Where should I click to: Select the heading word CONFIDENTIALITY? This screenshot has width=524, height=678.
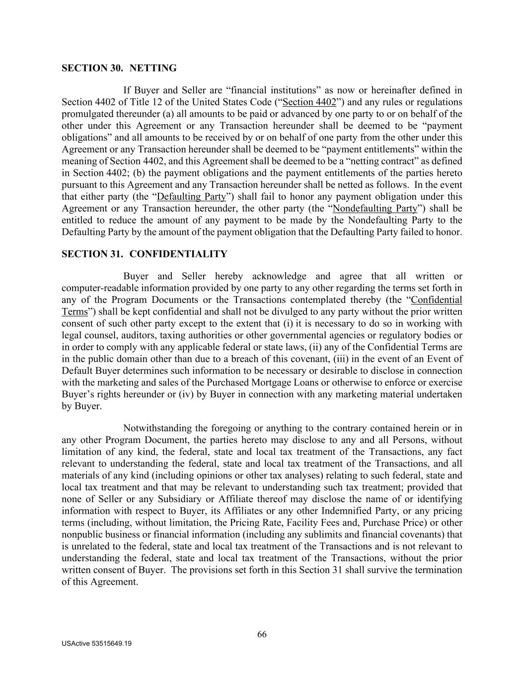point(178,254)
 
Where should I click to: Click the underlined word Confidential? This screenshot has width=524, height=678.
point(437,300)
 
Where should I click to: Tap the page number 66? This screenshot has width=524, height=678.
point(262,634)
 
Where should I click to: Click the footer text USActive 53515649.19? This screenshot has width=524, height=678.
point(97,644)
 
